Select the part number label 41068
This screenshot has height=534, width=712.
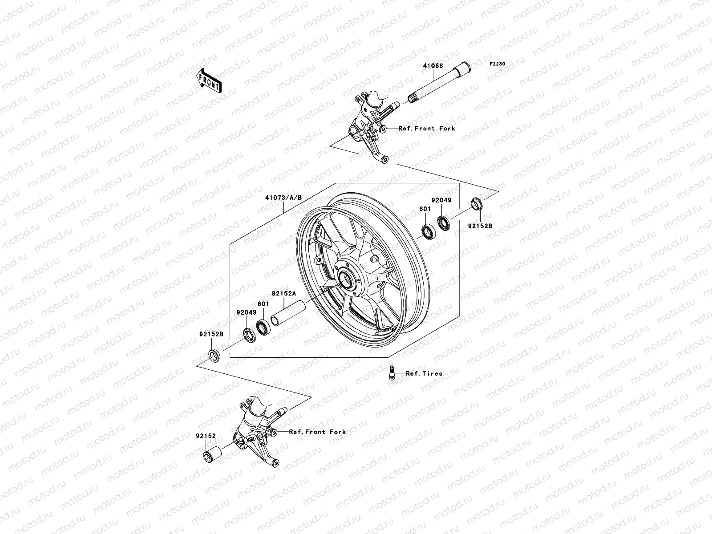433,66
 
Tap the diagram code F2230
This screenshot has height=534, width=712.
498,64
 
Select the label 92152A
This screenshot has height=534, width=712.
284,294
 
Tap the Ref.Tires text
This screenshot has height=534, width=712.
424,373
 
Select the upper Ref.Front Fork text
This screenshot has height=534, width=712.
427,128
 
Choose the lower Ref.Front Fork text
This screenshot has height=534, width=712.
317,432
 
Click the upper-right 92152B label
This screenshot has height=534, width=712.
480,226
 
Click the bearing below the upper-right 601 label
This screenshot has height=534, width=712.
429,232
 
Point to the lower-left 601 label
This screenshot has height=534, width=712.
264,303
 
